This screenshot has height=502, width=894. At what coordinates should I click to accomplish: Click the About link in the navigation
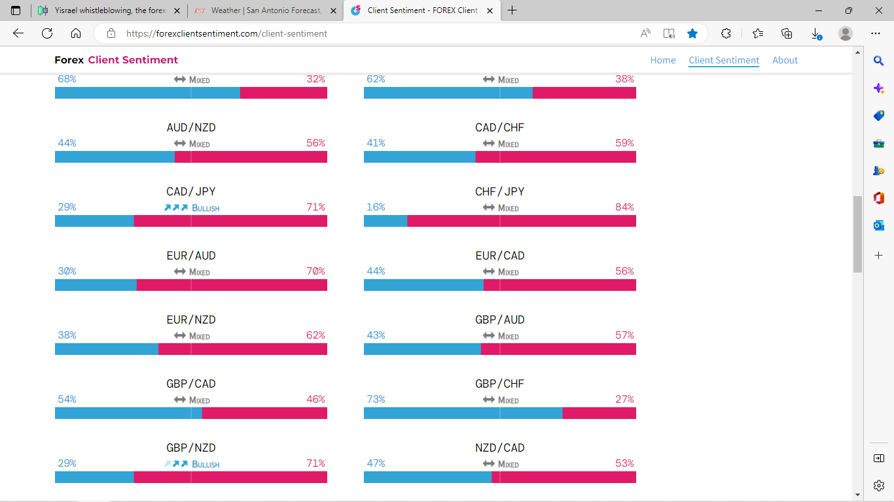[x=785, y=60]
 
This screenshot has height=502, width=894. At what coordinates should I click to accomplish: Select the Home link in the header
[x=662, y=60]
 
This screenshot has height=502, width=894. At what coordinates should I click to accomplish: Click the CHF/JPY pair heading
[x=499, y=192]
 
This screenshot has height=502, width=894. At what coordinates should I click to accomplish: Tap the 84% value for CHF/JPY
[x=624, y=207]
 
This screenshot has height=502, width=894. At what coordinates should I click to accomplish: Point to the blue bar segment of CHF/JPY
[x=385, y=221]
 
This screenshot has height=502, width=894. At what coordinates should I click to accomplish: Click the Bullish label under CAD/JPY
[x=206, y=208]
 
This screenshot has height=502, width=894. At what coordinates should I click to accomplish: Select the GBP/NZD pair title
[x=190, y=448]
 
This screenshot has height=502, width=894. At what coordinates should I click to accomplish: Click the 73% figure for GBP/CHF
[x=376, y=399]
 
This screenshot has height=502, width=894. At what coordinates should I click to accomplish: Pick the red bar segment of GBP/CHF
[x=599, y=413]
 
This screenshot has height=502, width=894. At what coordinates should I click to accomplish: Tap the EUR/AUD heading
[x=190, y=256]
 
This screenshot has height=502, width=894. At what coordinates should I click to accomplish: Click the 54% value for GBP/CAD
[x=67, y=399]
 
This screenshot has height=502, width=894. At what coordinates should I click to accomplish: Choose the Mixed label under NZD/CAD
[x=508, y=464]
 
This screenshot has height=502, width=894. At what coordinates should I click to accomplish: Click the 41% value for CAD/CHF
[x=376, y=143]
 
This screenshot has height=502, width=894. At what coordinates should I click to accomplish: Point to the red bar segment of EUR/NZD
[x=242, y=349]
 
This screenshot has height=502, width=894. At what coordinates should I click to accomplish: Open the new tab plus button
[x=512, y=10]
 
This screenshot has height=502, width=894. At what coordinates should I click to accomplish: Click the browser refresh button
[x=47, y=33]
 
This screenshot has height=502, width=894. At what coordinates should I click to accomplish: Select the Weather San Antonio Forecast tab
[x=265, y=10]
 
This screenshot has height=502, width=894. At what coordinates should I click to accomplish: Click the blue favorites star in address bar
[x=692, y=33]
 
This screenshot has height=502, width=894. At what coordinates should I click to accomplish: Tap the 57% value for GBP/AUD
[x=624, y=335]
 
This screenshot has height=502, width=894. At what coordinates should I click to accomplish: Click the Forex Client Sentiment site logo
[x=116, y=60]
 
